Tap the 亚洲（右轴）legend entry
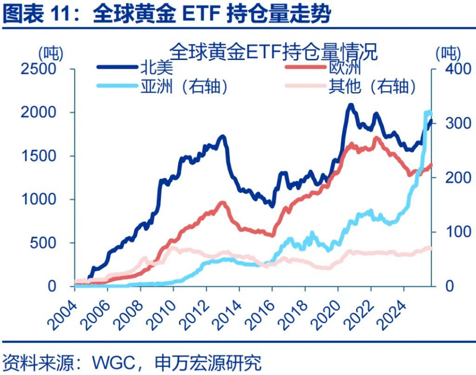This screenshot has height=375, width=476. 184,87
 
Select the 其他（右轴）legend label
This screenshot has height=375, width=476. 372,87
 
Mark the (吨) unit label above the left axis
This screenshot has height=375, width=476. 50,52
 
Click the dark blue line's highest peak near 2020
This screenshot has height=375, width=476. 351,105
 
